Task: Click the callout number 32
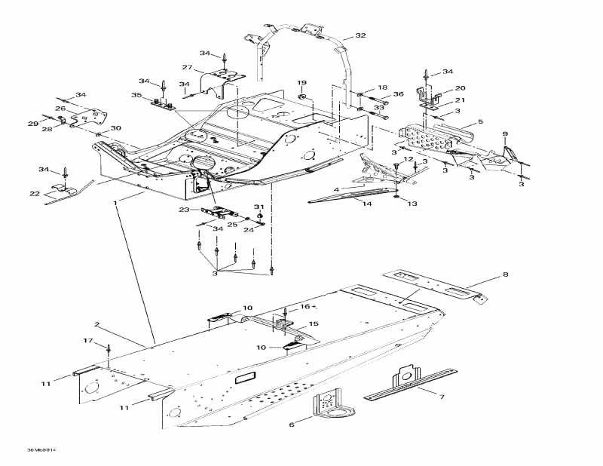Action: click(360, 35)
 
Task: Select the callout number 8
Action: click(505, 275)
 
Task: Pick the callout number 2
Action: click(97, 324)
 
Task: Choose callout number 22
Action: click(35, 194)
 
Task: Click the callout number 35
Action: click(136, 96)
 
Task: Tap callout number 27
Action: click(187, 68)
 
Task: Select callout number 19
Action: click(301, 82)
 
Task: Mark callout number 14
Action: click(367, 204)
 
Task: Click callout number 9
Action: click(505, 134)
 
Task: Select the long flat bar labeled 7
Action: click(411, 383)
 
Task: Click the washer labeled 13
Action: click(396, 198)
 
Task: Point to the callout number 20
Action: click(460, 87)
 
